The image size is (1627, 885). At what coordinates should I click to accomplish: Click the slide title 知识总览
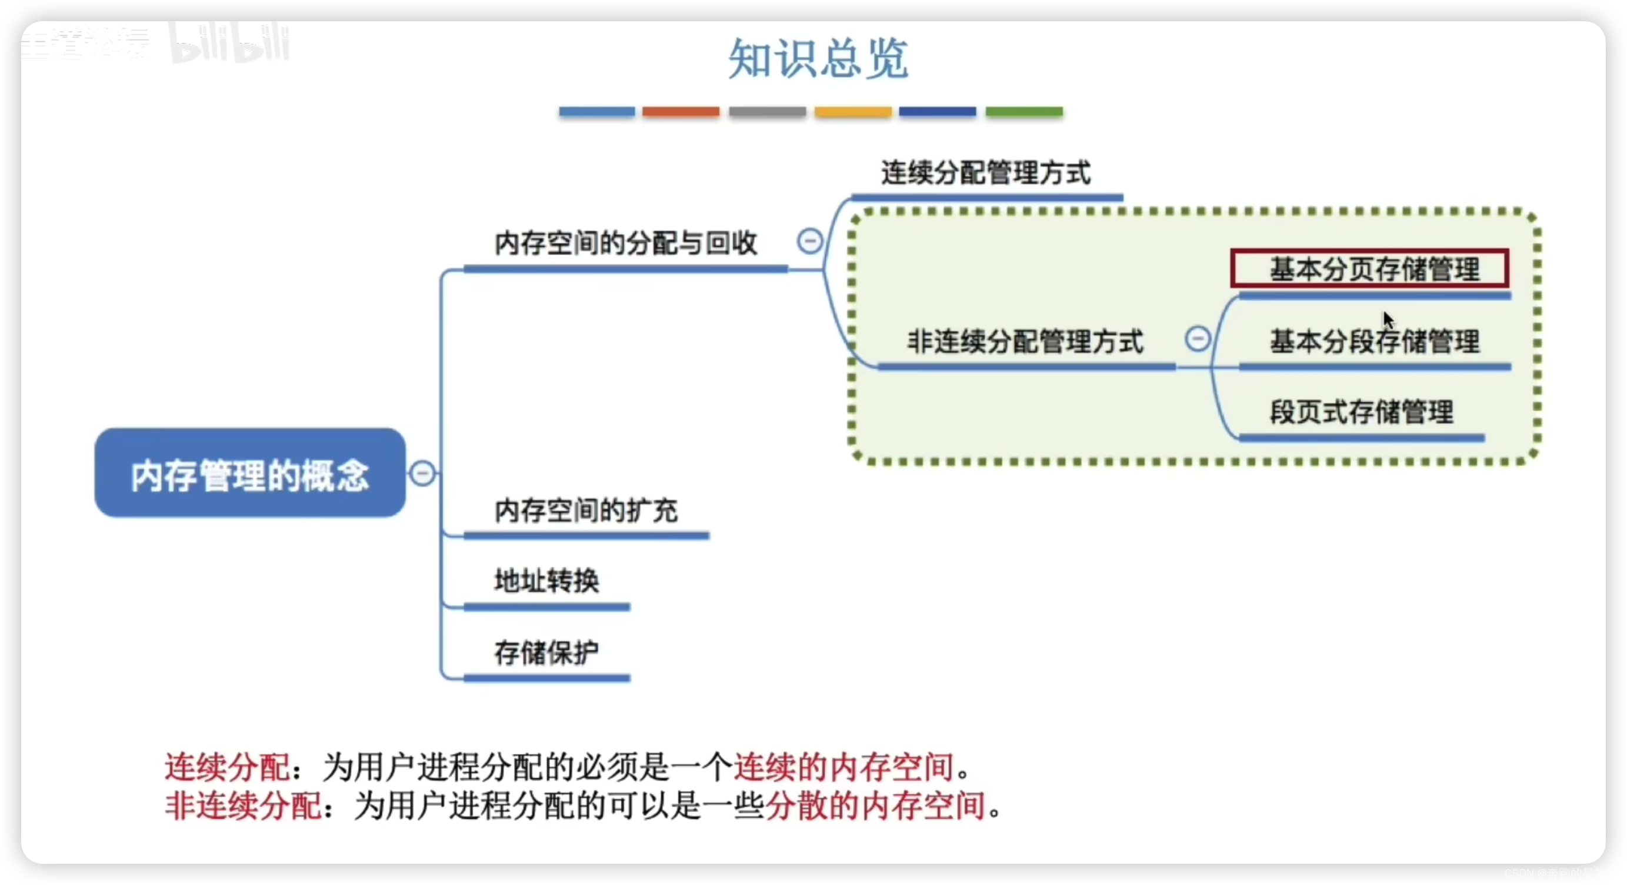818,58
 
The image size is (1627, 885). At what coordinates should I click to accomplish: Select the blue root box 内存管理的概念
250,473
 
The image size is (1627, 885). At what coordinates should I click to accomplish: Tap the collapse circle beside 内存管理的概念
422,473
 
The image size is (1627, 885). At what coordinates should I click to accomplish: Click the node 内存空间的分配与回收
625,243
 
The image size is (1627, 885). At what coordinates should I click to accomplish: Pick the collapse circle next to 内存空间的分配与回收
810,241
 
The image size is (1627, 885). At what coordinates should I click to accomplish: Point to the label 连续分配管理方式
986,173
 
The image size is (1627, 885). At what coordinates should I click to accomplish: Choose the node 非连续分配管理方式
1025,342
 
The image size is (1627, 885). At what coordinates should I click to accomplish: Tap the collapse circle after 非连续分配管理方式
1198,338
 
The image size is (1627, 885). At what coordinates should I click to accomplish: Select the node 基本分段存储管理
1374,342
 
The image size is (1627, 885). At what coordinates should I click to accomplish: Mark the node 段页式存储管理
1362,412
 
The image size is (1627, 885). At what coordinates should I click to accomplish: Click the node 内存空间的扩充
585,510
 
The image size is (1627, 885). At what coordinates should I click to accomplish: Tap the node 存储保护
546,653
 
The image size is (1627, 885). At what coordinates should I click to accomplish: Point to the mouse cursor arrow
1388,320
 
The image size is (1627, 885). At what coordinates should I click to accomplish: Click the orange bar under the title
681,112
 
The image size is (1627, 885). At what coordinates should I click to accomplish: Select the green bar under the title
1024,112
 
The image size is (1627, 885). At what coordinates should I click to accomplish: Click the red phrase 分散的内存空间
875,806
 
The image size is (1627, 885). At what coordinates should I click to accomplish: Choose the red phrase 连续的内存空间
843,767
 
